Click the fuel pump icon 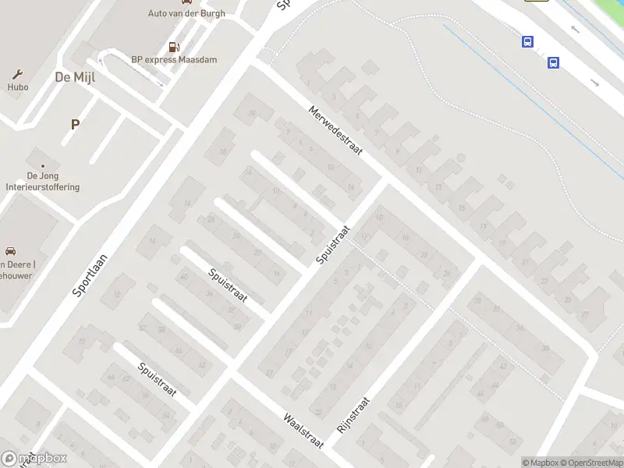tap(172, 47)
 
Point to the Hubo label tap(18, 87)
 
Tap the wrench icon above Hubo tap(17, 74)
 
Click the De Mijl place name tap(74, 76)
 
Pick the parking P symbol tap(75, 124)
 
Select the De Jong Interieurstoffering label tap(42, 182)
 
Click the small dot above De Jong tap(43, 165)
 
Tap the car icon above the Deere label tap(10, 251)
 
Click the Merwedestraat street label tap(335, 131)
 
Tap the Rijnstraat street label tap(353, 415)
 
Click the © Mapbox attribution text tap(538, 463)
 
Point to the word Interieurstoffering tap(42, 187)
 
